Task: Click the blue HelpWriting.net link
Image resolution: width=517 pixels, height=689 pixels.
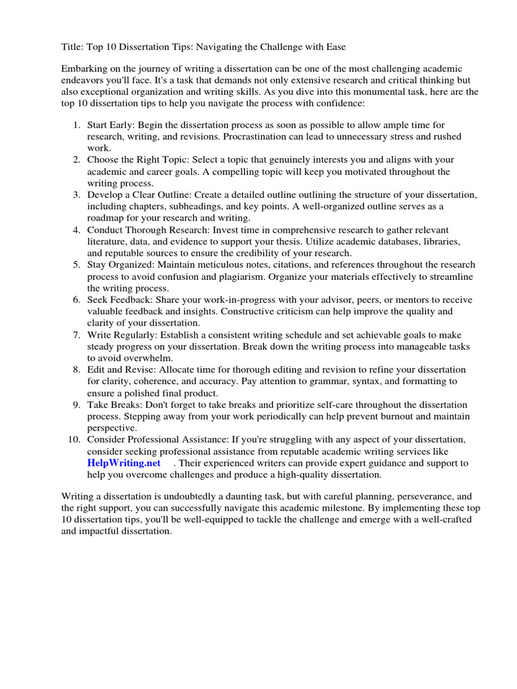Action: (124, 464)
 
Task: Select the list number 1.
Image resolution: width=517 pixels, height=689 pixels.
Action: (75, 125)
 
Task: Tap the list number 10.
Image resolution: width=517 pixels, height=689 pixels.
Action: (73, 439)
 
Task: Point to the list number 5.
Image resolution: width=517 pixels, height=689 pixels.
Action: (75, 265)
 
